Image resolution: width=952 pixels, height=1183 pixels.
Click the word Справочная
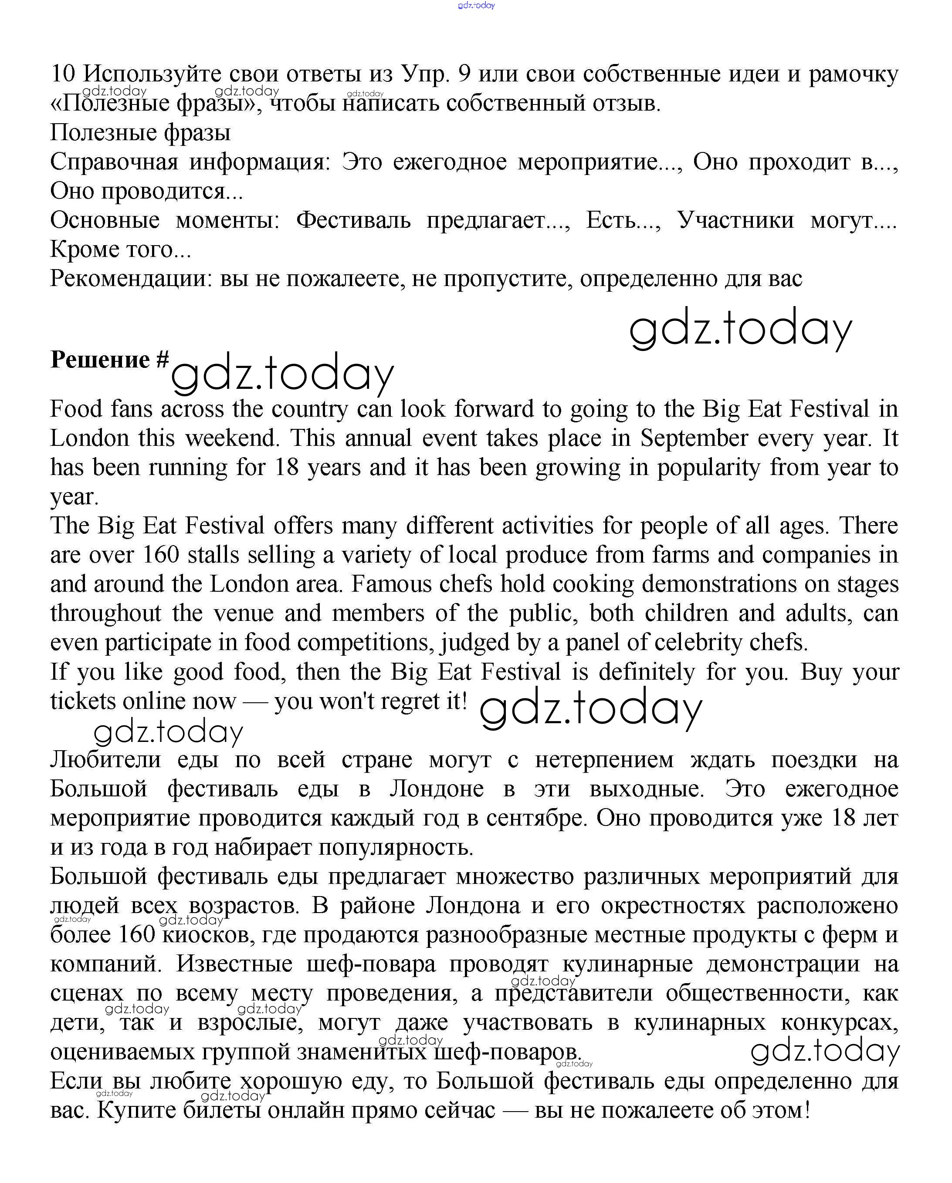(114, 162)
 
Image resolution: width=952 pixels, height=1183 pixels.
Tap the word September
(693, 438)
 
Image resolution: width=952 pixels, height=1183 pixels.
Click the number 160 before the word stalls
(161, 555)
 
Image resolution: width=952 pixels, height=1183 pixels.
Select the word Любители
(105, 760)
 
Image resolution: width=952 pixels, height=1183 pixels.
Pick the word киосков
(208, 935)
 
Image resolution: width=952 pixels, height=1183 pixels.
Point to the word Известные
(234, 964)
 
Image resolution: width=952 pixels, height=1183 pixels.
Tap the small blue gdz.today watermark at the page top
(476, 6)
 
